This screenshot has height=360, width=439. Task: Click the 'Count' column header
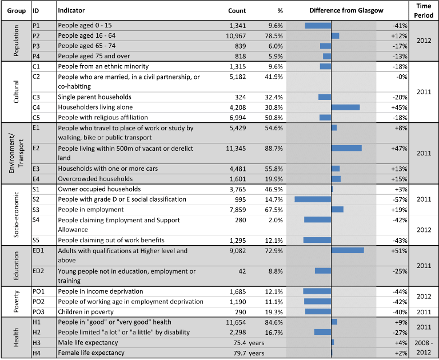click(237, 11)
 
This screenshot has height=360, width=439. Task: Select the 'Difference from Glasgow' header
click(346, 11)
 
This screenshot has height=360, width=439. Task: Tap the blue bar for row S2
click(313, 199)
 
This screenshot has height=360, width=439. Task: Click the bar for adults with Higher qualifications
click(348, 250)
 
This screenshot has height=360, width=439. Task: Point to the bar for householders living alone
click(345, 107)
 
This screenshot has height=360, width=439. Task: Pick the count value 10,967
click(236, 36)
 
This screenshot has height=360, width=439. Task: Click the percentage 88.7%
click(274, 149)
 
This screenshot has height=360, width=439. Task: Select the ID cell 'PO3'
click(38, 312)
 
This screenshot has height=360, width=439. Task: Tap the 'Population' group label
click(16, 41)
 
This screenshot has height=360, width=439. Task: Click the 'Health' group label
click(16, 337)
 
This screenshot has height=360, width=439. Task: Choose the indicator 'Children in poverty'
click(86, 312)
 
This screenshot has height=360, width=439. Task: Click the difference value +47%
click(399, 149)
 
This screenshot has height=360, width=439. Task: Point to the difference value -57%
click(400, 199)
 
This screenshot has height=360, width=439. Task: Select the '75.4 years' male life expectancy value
click(249, 343)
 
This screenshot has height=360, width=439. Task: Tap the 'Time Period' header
click(424, 11)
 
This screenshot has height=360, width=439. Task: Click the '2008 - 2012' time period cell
click(424, 347)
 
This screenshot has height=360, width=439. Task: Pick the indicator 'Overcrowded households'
click(95, 179)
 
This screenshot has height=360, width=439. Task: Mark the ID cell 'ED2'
click(38, 271)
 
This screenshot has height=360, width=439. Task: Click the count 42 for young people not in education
click(242, 271)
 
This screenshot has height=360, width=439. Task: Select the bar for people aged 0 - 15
click(318, 26)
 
